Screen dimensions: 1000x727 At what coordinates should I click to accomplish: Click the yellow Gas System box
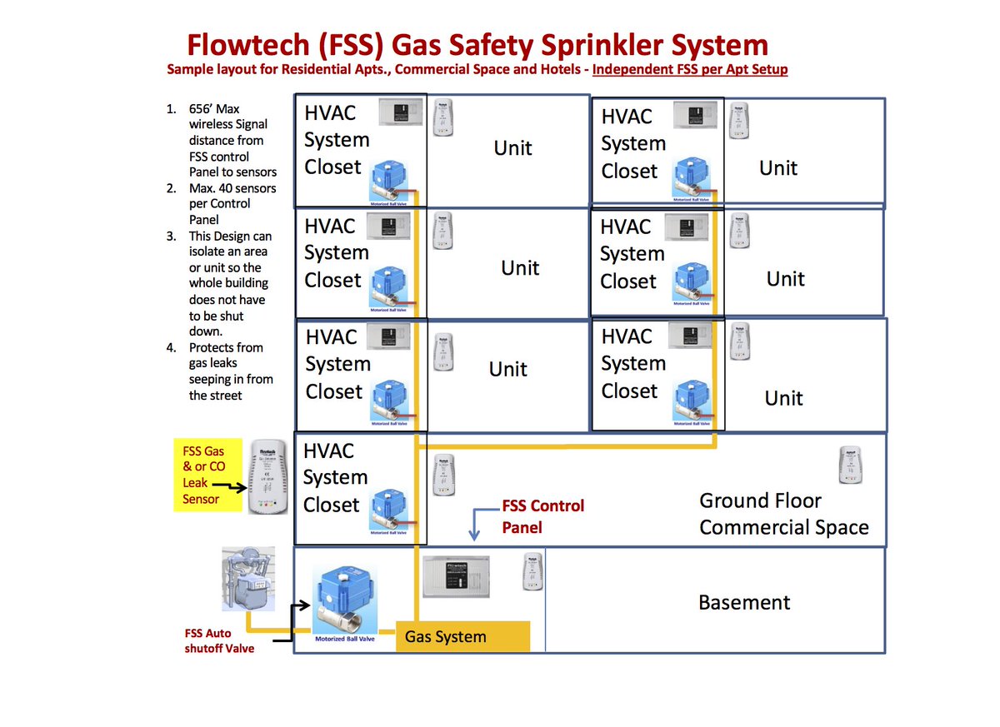point(462,637)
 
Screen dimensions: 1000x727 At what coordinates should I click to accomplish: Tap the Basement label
point(744,602)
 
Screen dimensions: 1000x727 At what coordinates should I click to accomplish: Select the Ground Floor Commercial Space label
point(783,514)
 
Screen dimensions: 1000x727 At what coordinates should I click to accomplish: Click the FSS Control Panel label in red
point(542,516)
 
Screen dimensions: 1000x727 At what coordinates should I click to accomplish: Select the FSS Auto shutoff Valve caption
point(220,641)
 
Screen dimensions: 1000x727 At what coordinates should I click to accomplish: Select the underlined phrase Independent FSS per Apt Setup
point(690,69)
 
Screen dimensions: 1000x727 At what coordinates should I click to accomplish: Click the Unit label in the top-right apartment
point(778,168)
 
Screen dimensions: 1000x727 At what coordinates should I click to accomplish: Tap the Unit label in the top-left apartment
point(512,148)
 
